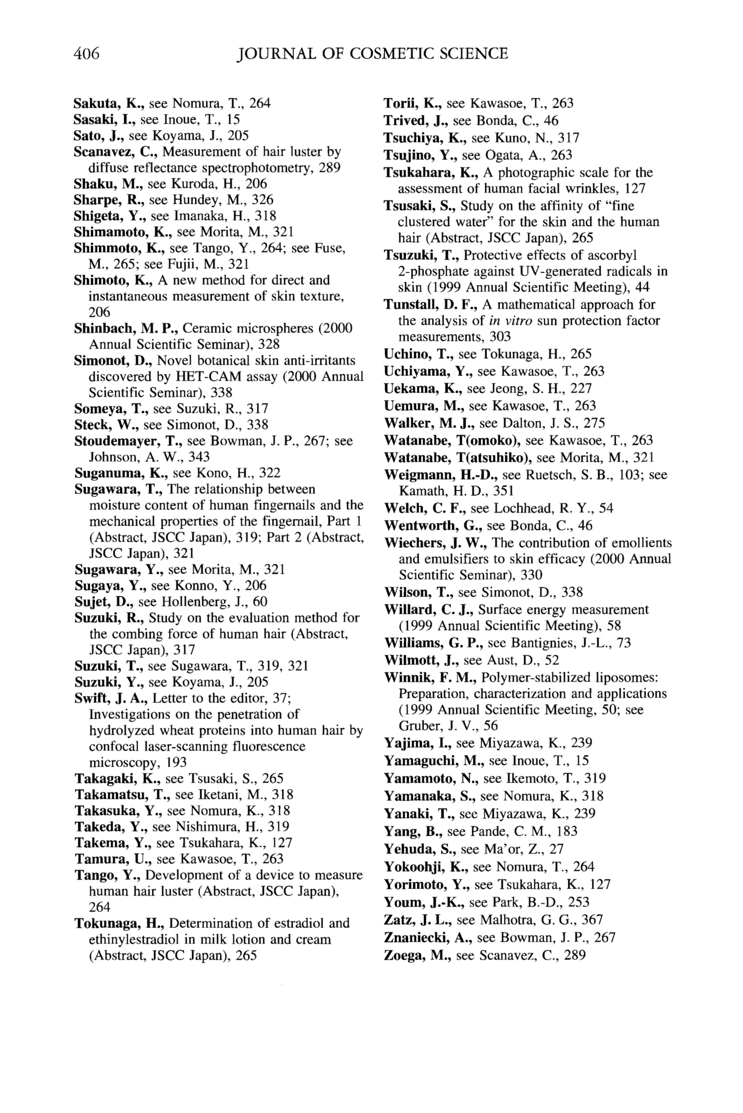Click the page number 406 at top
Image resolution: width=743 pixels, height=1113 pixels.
[x=87, y=54]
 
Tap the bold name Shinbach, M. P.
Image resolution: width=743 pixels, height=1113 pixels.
[x=126, y=329]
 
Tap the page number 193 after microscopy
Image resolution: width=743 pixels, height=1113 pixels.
[x=176, y=763]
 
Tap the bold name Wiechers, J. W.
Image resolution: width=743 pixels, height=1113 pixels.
[x=436, y=543]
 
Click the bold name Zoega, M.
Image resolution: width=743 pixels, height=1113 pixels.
[x=417, y=956]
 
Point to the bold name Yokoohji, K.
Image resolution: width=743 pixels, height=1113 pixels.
[x=426, y=867]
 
